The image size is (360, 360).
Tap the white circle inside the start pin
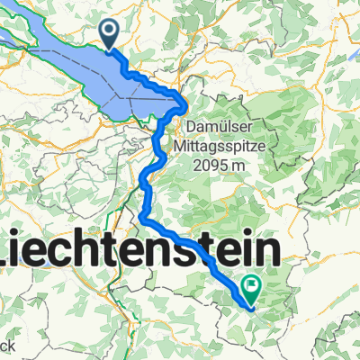pyautogui.click(x=110, y=32)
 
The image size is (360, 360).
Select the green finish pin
pyautogui.click(x=251, y=290)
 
